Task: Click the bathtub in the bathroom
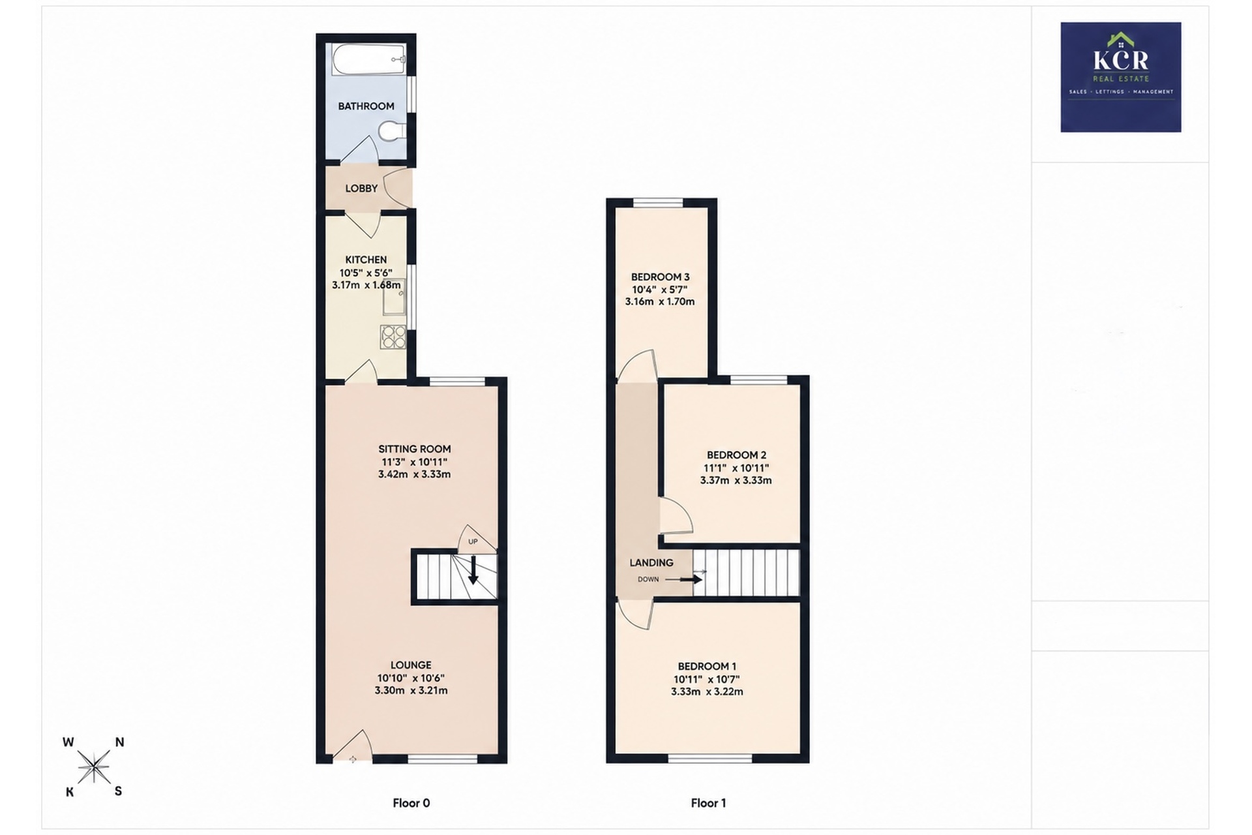[x=369, y=60]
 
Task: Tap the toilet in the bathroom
[x=393, y=131]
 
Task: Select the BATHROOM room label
[x=366, y=106]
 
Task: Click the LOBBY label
[x=361, y=188]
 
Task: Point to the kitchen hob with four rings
[x=393, y=337]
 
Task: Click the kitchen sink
[x=394, y=297]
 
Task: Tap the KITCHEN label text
[x=366, y=260]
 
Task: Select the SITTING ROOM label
[x=415, y=449]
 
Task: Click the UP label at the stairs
[x=473, y=541]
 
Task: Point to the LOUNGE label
[x=411, y=665]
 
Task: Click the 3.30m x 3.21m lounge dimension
[x=411, y=690]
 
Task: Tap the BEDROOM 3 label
[x=660, y=277]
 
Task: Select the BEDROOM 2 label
[x=736, y=455]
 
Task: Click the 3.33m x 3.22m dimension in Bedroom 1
[x=707, y=691]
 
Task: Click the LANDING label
[x=651, y=562]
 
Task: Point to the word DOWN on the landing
[x=648, y=579]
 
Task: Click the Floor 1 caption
[x=708, y=803]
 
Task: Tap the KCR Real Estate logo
[x=1120, y=77]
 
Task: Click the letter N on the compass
[x=119, y=742]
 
